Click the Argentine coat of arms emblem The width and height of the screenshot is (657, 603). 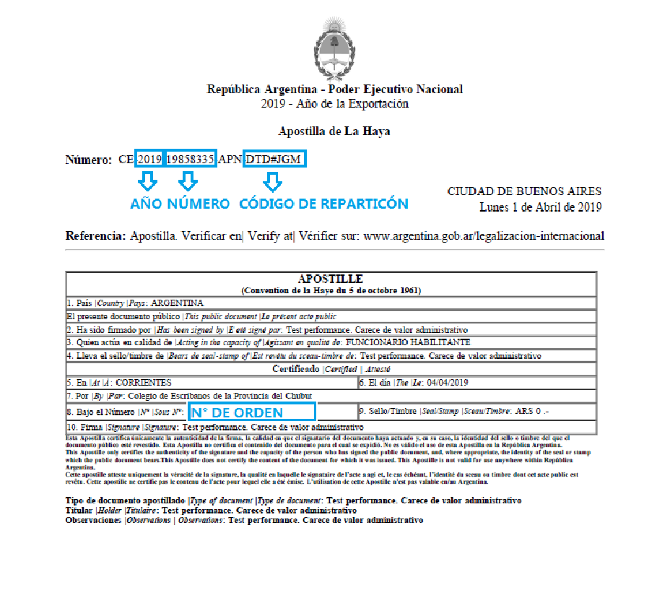[334, 48]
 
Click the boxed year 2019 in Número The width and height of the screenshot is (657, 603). [149, 159]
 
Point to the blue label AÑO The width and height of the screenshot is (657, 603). [146, 204]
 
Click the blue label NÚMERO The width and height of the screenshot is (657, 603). [199, 204]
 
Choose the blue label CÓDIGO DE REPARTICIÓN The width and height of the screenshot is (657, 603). [323, 204]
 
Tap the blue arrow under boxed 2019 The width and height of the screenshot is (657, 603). [147, 181]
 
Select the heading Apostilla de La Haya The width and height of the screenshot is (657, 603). [334, 132]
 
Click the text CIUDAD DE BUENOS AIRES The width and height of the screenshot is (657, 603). [524, 191]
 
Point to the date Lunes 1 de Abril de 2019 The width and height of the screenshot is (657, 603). [540, 207]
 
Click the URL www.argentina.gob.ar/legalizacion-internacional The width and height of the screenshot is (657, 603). [484, 236]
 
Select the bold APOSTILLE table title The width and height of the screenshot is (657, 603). [330, 279]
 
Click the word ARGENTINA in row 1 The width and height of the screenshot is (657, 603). [177, 303]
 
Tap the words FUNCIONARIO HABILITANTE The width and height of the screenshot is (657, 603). [409, 342]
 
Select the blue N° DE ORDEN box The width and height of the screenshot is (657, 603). [251, 412]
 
